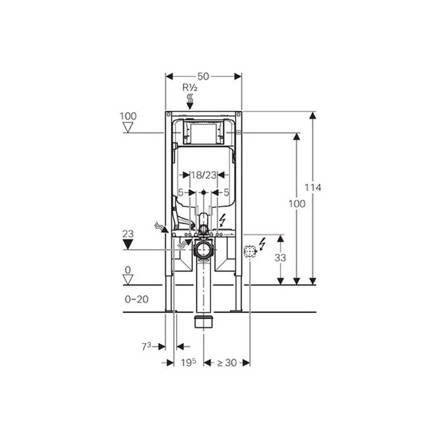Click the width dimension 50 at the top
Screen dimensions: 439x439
[x=203, y=76]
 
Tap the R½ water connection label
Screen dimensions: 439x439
[x=190, y=88]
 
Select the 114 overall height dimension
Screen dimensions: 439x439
[x=313, y=187]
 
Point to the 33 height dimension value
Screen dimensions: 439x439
[x=280, y=258]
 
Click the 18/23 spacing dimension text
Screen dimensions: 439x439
[x=204, y=175]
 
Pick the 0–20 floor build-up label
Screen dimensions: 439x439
[x=137, y=299]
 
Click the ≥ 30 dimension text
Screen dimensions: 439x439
[x=227, y=363]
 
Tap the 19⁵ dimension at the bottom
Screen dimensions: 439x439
[x=188, y=363]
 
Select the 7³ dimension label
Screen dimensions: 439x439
[x=146, y=347]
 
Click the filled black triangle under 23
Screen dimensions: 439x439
[x=128, y=245]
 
